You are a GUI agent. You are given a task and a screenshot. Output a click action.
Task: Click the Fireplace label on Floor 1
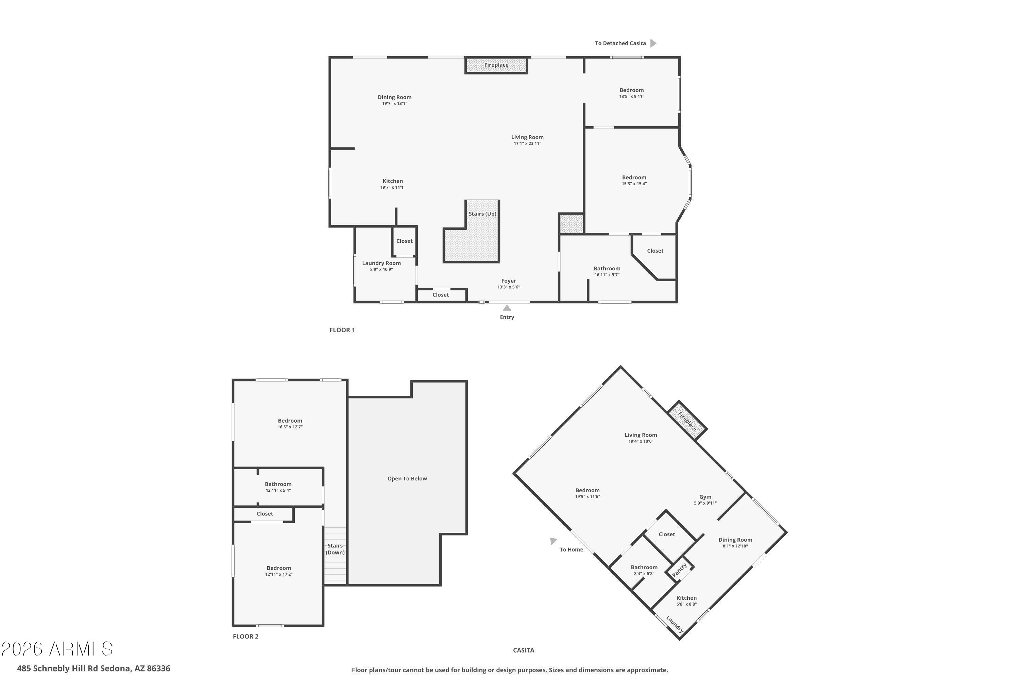[x=496, y=65]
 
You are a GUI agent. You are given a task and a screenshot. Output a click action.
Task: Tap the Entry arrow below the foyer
[x=507, y=308]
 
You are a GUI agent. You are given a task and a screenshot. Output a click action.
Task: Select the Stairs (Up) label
[x=482, y=214]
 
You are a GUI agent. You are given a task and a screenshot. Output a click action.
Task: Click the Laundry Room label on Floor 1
[x=381, y=263]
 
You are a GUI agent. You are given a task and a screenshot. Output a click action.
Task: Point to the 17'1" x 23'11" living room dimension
[x=527, y=143]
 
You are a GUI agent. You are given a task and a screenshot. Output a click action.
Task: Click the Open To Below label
[x=407, y=479]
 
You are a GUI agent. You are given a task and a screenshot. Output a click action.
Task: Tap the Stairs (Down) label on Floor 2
[x=335, y=549]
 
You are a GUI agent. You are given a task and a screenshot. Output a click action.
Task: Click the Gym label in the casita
[x=705, y=497]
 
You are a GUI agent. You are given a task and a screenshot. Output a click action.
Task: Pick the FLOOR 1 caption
[x=342, y=330]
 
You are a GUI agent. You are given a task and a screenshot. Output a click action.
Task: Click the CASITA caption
[x=524, y=650]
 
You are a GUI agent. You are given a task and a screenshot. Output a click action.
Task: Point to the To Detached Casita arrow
[x=653, y=44]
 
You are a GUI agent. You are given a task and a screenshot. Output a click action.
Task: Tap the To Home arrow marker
[x=553, y=541]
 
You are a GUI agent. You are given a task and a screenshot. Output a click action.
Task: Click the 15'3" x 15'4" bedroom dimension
[x=634, y=184]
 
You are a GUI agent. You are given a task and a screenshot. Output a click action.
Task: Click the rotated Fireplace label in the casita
[x=687, y=421]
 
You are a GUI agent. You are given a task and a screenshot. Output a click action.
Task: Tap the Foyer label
[x=508, y=281]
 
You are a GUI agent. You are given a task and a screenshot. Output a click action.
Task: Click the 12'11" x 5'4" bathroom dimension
[x=278, y=491]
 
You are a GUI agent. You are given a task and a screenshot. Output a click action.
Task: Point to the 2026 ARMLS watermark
[x=57, y=649]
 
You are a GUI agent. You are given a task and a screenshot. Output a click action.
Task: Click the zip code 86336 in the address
[x=158, y=668]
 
